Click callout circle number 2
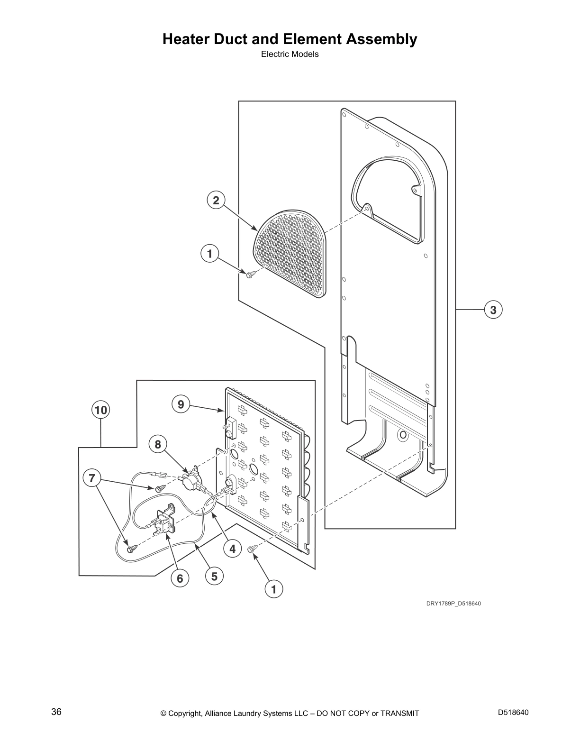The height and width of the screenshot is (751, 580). [216, 201]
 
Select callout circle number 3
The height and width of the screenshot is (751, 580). [493, 310]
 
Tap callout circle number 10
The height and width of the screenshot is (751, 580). [100, 410]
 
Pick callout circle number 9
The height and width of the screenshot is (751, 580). [181, 404]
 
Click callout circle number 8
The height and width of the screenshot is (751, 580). [158, 445]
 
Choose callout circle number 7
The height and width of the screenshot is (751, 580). [92, 477]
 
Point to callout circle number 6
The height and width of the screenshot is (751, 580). [180, 578]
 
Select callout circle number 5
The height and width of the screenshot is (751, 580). [214, 577]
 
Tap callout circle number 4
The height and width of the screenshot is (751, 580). [232, 549]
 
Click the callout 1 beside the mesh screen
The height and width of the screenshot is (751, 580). [209, 254]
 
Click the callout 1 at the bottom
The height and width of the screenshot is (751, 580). [273, 590]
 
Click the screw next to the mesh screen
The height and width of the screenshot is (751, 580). [251, 274]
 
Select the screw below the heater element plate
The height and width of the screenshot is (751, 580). [252, 548]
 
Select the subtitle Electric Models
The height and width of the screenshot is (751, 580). [290, 54]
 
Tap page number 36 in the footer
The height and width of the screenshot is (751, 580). [56, 712]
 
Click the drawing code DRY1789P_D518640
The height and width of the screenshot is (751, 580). [453, 604]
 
